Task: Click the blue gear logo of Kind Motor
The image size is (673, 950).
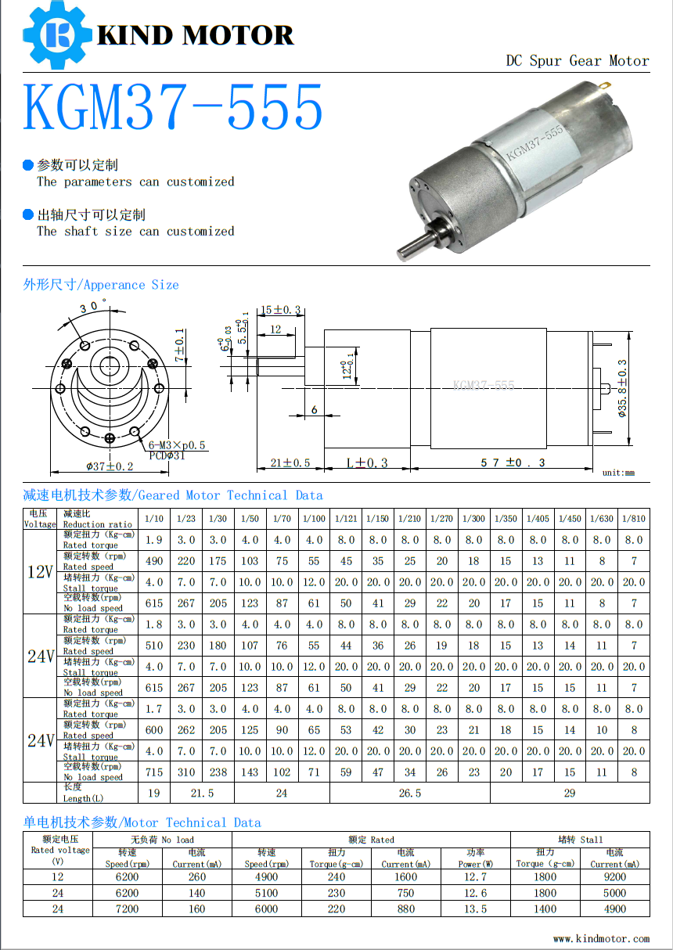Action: coord(56,34)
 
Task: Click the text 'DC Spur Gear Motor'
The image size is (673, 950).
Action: coord(577,61)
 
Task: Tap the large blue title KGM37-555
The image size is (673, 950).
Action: coord(173,108)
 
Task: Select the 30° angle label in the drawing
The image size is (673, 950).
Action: coord(92,306)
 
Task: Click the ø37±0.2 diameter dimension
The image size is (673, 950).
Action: coord(110,466)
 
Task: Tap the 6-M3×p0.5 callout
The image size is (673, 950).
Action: coord(177,445)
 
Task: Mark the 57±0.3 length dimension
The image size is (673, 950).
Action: coord(513,462)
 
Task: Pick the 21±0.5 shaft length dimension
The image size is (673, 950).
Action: coord(290,462)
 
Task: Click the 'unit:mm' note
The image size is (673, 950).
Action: coord(618,473)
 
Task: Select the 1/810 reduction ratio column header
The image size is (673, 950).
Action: coord(633,519)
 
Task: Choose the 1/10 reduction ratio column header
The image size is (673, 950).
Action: coord(154,519)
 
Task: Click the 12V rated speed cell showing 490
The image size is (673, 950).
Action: coord(154,561)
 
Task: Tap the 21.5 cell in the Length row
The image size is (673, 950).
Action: coord(202,793)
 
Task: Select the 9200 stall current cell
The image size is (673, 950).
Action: coord(614,877)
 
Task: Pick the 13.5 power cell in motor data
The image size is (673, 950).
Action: coord(475,909)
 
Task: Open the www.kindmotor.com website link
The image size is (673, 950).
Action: coord(601,938)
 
